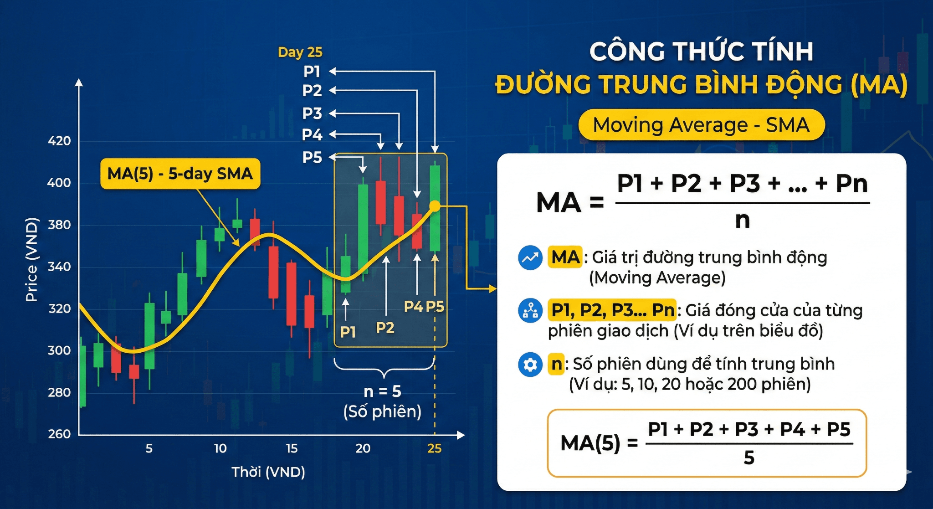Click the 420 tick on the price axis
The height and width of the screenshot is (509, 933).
pos(59,141)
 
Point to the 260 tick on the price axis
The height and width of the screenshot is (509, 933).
pos(59,434)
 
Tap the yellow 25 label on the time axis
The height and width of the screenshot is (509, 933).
pos(434,448)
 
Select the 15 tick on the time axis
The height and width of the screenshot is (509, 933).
pos(292,448)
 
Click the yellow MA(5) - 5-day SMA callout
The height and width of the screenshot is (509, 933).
pos(180,174)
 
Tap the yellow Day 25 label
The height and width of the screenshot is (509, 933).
pos(300,52)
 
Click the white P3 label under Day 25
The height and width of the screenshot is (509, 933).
pos(312,113)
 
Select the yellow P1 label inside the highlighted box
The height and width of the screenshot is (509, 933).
pos(348,332)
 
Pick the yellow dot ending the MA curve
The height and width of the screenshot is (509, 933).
pos(435,206)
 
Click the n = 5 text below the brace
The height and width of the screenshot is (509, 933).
pos(382,391)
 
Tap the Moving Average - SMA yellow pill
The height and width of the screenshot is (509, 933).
pos(701,125)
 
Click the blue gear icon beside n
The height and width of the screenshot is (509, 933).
pos(530,365)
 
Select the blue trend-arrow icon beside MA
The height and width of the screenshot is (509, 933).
pos(530,258)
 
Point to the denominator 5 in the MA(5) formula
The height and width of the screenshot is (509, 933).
pos(749,458)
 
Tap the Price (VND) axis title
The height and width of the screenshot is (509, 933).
pos(31,260)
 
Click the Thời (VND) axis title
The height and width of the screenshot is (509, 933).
pos(268,472)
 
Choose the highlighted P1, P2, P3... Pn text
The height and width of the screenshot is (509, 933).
pos(612,310)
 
